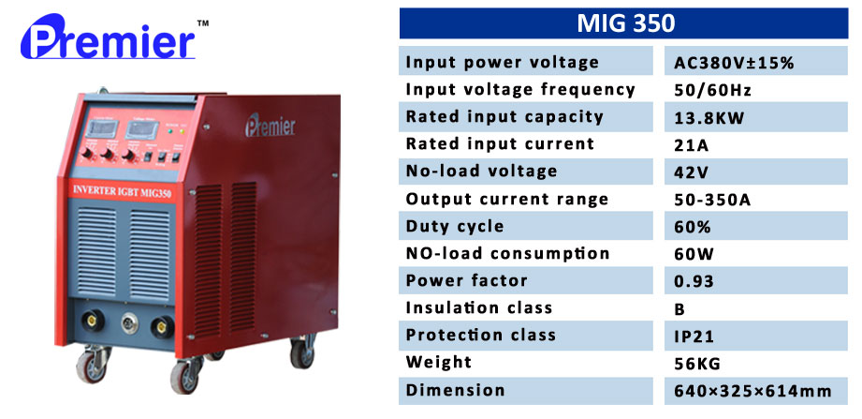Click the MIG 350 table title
coord(625,23)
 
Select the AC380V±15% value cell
coord(734,63)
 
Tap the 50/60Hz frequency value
coord(712,90)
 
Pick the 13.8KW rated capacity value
coord(709,117)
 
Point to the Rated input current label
coord(500,143)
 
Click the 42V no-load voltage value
coord(691,172)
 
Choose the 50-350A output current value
coord(712,200)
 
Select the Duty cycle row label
coord(455,226)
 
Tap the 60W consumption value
coord(694,254)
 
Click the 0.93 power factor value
coord(694,281)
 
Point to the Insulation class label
coord(479,307)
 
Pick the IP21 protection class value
coord(694,337)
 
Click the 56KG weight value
coord(697,364)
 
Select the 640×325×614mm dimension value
coord(752,391)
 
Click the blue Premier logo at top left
coord(109,37)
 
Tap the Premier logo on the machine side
coord(270,125)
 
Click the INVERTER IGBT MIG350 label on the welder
coord(122,191)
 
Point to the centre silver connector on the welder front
coord(130,323)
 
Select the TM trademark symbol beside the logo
coord(203,23)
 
